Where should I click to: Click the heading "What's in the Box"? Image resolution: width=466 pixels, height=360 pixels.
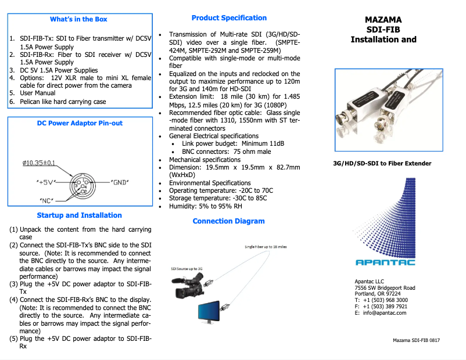tap(79, 19)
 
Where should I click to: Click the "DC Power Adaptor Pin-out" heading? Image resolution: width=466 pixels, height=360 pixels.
tap(80, 123)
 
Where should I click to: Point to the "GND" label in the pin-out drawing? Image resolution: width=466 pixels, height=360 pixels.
tap(119, 182)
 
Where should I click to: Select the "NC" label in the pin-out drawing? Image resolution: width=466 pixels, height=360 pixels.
tap(46, 201)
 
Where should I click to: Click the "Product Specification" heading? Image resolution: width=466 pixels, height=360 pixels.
tap(229, 18)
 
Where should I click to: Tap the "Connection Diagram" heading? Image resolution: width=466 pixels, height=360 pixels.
tap(228, 221)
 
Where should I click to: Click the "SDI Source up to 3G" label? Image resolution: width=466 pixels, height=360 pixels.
tap(187, 269)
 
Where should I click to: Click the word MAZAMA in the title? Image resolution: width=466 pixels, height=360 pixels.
tap(383, 19)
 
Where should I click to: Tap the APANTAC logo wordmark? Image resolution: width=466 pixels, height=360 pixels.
tap(385, 262)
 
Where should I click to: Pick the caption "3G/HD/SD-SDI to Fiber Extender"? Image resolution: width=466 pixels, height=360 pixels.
tap(382, 163)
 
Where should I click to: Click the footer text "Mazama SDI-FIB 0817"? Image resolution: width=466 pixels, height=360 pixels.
tap(416, 340)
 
